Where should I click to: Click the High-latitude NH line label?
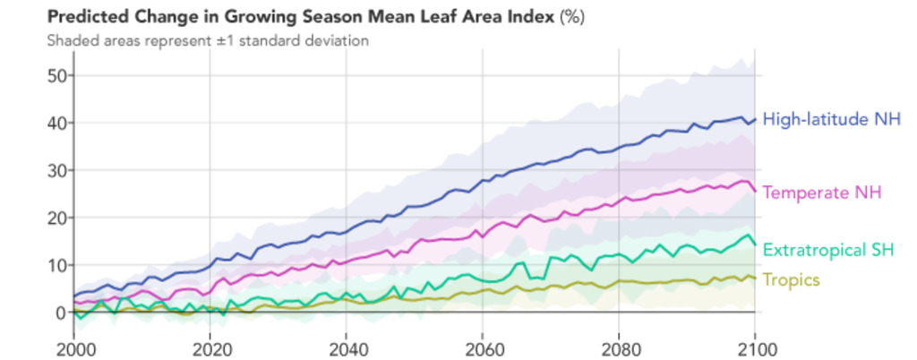832,119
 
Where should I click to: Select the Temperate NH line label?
822,193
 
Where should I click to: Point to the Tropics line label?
791,279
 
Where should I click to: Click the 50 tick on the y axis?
56,75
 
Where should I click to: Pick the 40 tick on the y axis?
56,123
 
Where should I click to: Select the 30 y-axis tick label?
56,170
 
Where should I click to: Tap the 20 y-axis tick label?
56,218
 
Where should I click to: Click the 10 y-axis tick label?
56,265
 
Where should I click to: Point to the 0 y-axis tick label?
61,313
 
